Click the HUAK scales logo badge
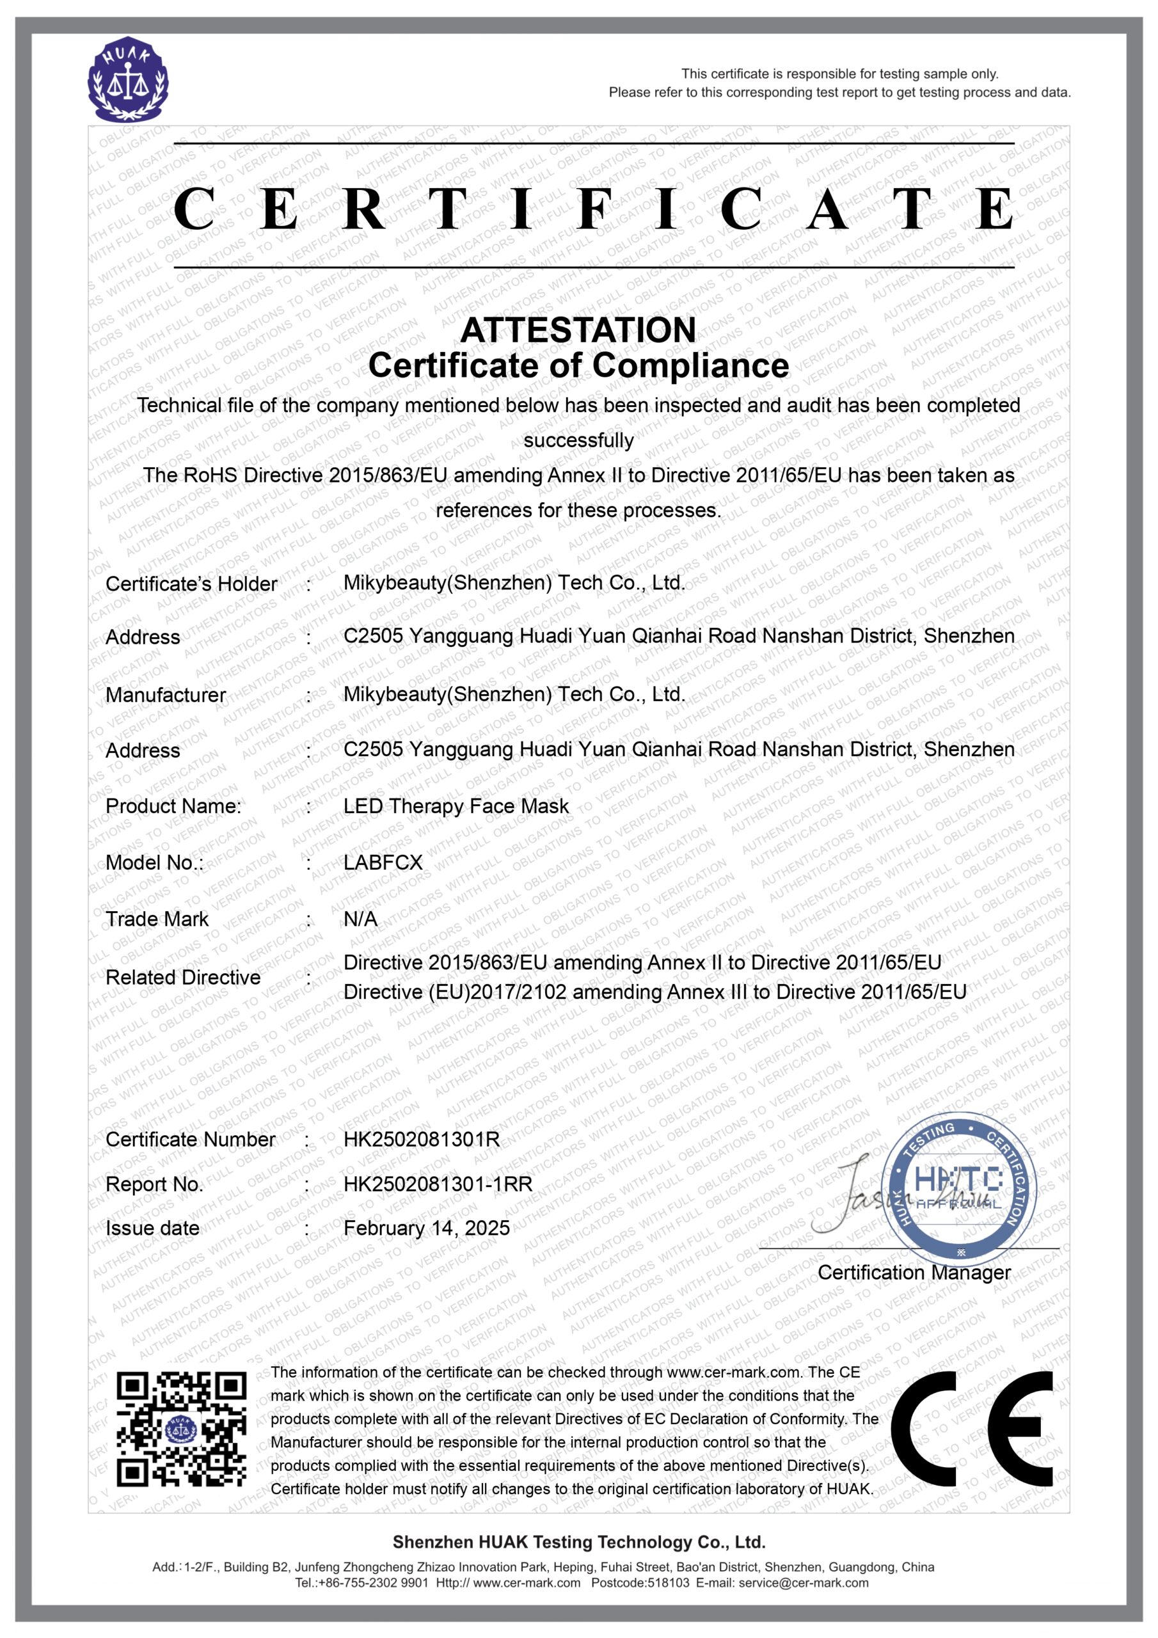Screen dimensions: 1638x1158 tap(129, 80)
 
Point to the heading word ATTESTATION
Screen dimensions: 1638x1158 tap(578, 330)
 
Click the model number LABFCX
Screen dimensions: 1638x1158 tap(383, 863)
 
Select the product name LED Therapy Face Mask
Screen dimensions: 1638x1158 tap(456, 806)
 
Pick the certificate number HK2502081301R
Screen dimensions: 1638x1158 tap(422, 1140)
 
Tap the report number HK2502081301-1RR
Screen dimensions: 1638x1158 tap(438, 1184)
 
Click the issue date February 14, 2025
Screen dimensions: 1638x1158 tap(427, 1228)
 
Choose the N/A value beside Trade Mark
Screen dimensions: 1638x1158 tap(360, 919)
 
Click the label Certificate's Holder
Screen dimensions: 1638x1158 tap(191, 584)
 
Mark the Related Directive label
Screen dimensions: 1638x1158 tap(182, 978)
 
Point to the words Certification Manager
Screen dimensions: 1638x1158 tap(914, 1272)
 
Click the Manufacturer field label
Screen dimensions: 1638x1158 tap(166, 695)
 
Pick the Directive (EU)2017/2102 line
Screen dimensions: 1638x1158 tap(654, 992)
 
